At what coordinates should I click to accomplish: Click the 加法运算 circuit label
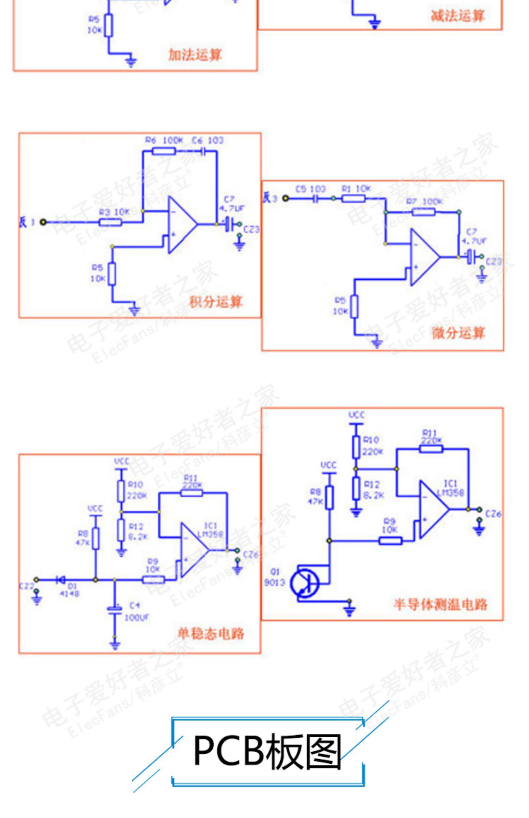coord(195,55)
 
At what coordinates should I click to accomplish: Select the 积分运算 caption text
coord(216,302)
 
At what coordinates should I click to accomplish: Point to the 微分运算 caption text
coord(458,333)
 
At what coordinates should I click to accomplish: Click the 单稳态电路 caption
coord(211,634)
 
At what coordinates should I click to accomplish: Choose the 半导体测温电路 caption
coord(440,605)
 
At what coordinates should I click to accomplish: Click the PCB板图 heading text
coord(267,752)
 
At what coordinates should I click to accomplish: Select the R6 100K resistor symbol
coord(164,151)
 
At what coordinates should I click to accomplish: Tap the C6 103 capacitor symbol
coord(203,151)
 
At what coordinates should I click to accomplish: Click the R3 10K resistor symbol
coord(110,222)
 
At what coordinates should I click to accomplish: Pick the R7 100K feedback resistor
coord(423,212)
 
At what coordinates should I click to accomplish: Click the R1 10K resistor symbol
coord(354,199)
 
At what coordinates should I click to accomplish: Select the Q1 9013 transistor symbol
coord(305,583)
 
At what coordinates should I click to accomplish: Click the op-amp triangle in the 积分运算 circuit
coord(181,224)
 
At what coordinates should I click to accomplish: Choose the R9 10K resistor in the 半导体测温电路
coord(390,541)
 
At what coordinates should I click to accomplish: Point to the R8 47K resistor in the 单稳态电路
coord(96,539)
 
